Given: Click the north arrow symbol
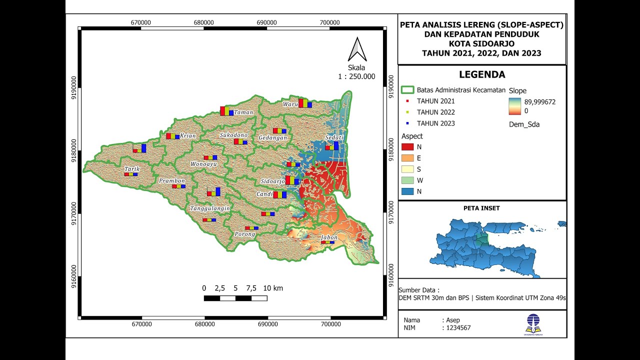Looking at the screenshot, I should tap(357, 49).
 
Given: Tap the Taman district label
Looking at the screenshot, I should tap(243, 112).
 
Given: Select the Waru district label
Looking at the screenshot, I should tap(289, 104).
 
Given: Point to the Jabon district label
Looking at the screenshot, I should tap(329, 237).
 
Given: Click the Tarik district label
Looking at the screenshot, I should tap(132, 169).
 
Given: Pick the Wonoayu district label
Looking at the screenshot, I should tap(204, 163).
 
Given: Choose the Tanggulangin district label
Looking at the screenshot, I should tap(210, 208).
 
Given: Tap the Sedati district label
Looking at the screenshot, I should tap(334, 137).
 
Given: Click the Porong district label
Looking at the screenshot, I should tap(245, 233).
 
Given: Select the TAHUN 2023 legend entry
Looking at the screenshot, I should tap(435, 123).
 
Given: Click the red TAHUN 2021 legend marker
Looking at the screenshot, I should tap(407, 101).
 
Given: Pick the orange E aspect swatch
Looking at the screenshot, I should tap(407, 158).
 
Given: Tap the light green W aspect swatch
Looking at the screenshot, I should tap(407, 180).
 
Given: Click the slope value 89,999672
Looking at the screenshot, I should tap(540, 101).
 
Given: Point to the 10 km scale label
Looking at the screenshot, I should tap(273, 288).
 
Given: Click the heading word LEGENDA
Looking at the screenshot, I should tap(482, 75).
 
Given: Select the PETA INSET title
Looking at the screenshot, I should tap(481, 208).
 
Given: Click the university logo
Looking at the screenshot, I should tap(532, 324).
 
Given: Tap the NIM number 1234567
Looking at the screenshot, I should tap(456, 328).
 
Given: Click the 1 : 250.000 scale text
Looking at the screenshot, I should tap(356, 77).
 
